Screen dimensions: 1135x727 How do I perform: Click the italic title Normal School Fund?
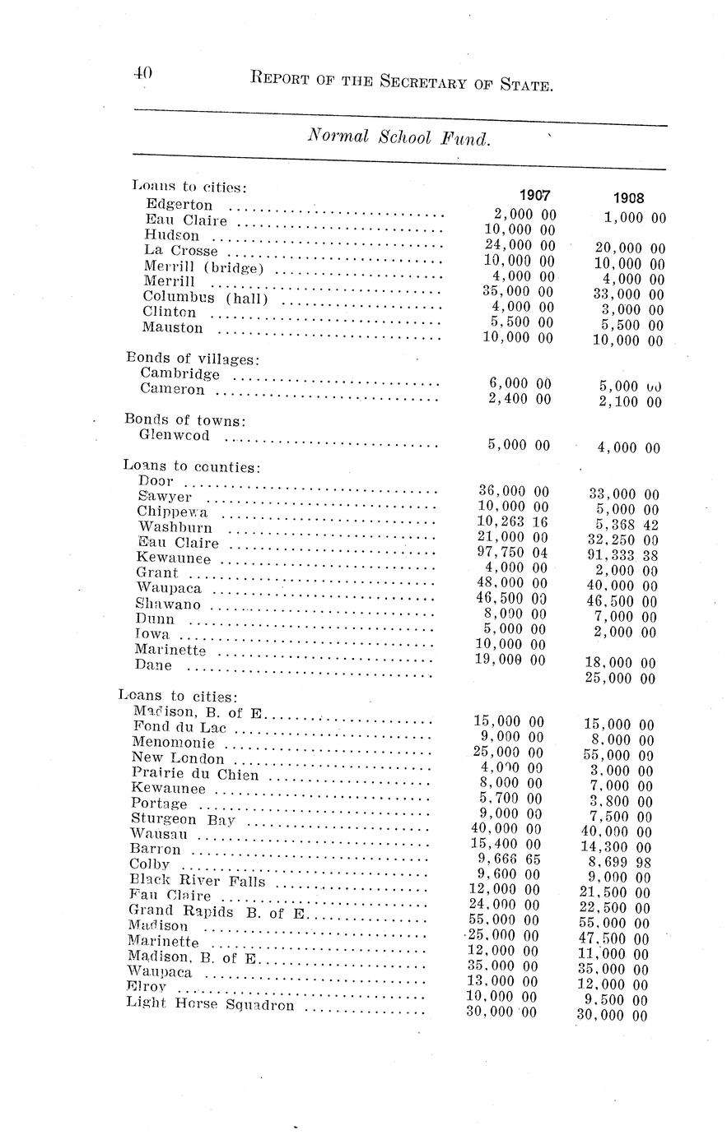399,137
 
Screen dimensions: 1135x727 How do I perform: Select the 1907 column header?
534,196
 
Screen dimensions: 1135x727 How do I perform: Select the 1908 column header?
629,197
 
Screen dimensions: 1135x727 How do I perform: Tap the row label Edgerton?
179,204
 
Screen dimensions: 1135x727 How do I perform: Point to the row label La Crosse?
181,250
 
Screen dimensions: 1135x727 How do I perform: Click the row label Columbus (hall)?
206,297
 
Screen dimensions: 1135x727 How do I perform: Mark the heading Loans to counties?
191,466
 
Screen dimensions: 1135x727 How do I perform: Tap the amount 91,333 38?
624,555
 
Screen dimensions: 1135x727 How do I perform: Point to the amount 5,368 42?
624,525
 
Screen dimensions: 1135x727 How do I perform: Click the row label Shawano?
169,604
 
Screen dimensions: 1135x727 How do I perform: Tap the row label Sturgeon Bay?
183,819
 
